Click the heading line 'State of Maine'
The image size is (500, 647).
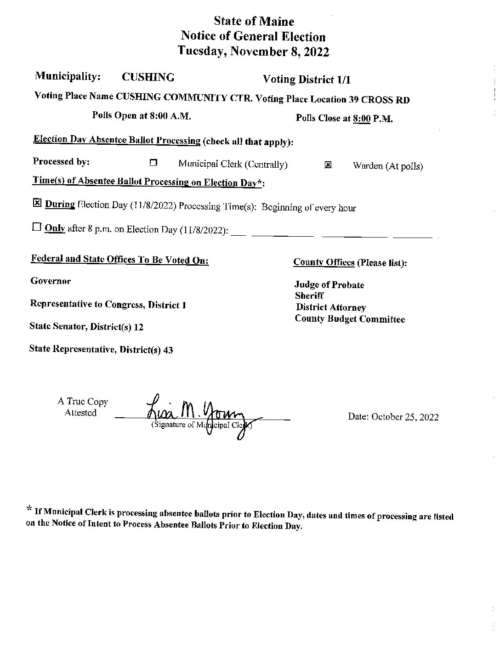coord(254,22)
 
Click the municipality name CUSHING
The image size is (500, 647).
coord(148,77)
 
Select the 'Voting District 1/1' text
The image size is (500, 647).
coord(307,79)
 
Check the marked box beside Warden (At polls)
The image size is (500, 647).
coord(328,165)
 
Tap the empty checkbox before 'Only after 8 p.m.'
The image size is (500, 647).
coord(37,227)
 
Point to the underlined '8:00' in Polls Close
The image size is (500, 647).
coord(362,119)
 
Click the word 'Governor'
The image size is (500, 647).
coord(51,281)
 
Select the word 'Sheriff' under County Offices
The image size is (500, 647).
coord(309,296)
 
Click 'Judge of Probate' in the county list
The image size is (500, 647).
coord(330,285)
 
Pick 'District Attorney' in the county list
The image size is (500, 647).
coord(331,307)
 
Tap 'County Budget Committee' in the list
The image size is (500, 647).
coord(350,319)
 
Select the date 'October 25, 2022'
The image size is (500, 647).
coord(405,417)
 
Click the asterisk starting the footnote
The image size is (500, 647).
coord(29,509)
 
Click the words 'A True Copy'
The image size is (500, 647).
coord(83,402)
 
